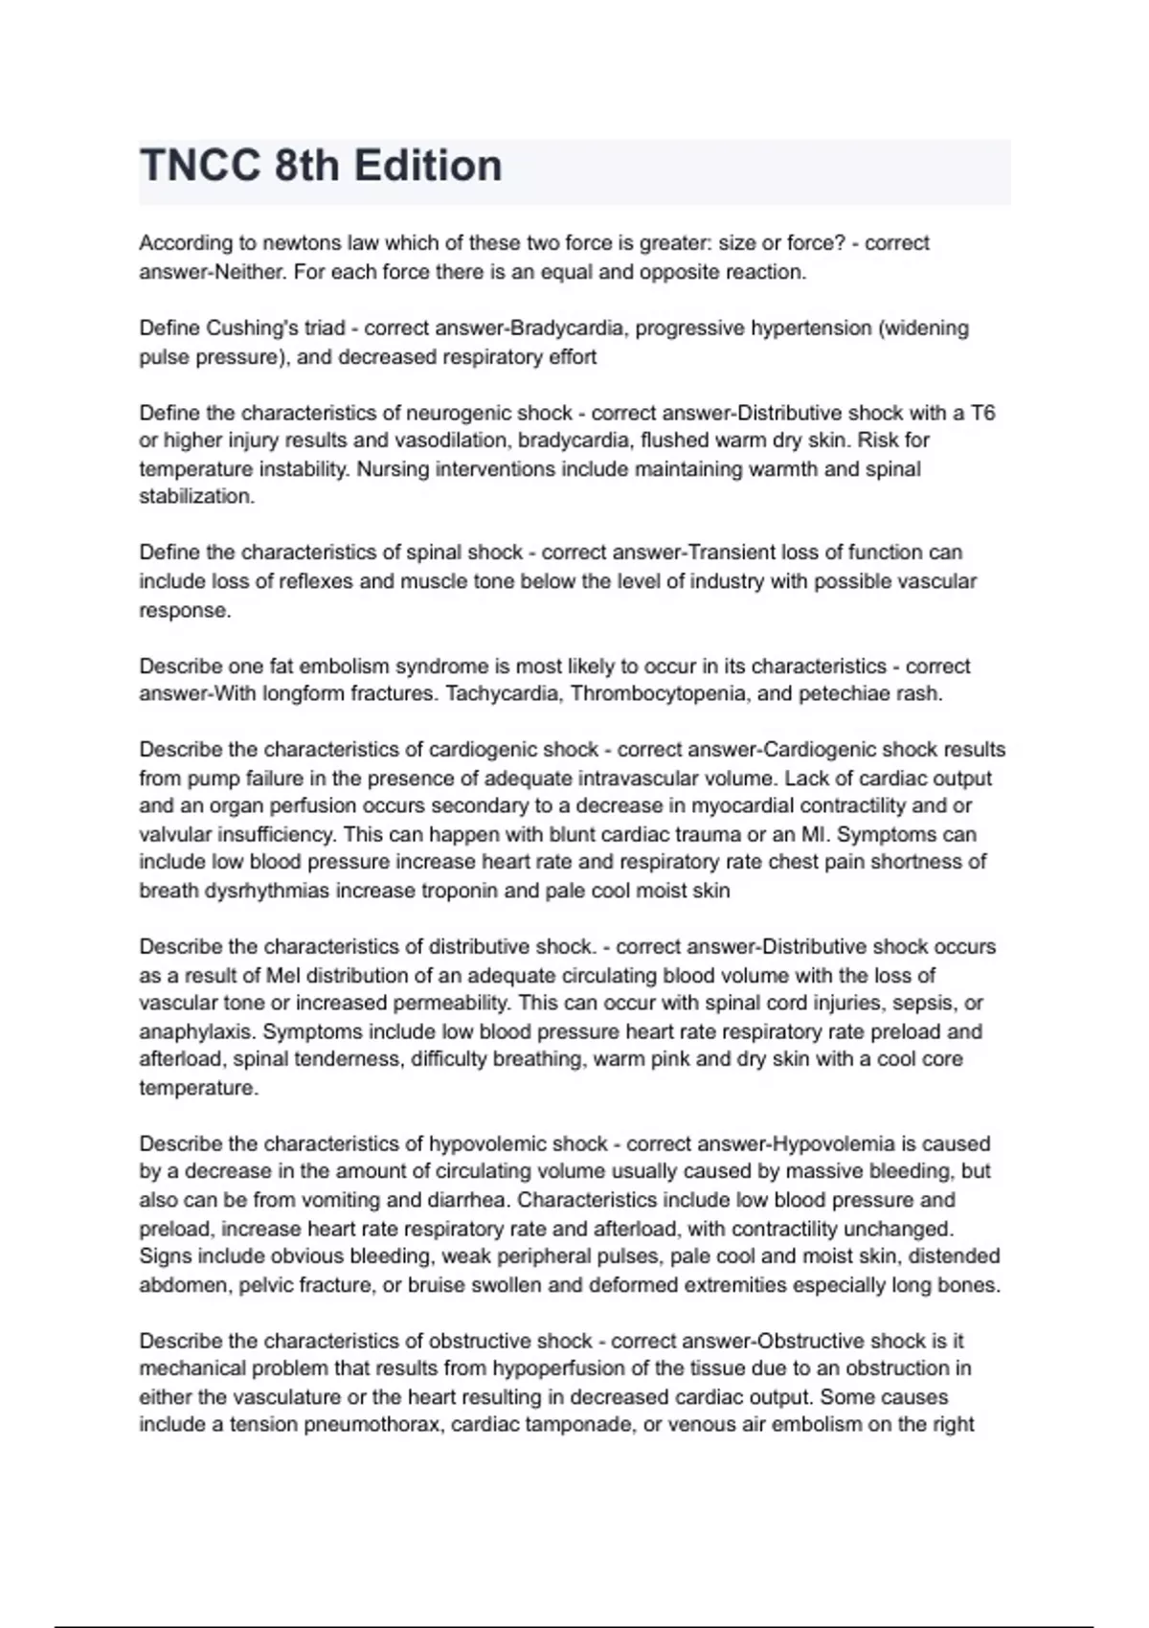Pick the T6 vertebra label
[x=982, y=413]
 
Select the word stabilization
[x=196, y=497]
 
